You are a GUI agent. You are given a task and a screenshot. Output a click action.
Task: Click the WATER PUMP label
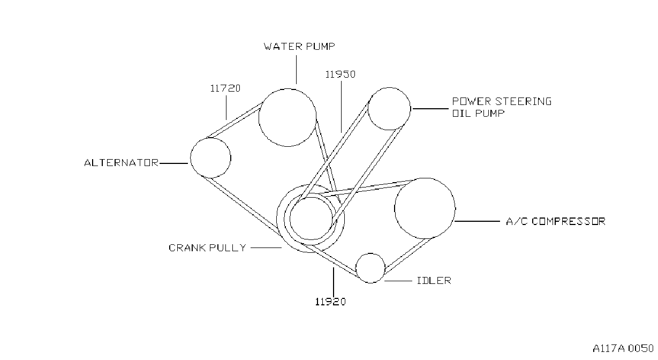tap(299, 47)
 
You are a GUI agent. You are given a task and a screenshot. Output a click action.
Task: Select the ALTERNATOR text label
tap(122, 163)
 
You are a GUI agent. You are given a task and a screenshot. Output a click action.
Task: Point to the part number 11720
tap(225, 88)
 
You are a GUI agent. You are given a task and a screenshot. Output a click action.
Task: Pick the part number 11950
tap(341, 74)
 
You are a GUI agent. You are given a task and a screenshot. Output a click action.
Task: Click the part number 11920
tap(330, 302)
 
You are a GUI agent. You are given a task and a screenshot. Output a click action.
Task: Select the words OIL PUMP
tap(478, 113)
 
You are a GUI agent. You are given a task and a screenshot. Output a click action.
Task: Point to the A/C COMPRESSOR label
tap(556, 221)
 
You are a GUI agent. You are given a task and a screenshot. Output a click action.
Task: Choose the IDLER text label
tap(434, 281)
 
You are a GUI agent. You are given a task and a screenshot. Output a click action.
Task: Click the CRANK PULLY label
tap(207, 247)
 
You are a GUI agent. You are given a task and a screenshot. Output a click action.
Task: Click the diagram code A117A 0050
tap(623, 348)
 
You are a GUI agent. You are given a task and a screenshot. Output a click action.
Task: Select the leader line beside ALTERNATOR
tap(173, 163)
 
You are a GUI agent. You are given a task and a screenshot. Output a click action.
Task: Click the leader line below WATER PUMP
tap(296, 70)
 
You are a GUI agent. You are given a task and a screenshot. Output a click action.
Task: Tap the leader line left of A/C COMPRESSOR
tap(477, 221)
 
